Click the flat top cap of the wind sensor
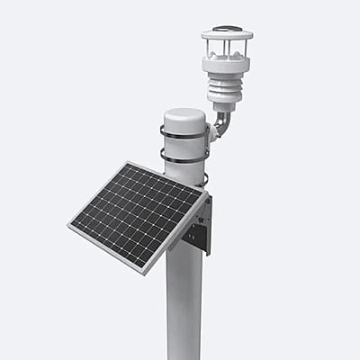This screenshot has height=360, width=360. pyautogui.click(x=226, y=34)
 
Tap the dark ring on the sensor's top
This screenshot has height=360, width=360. pyautogui.click(x=226, y=29)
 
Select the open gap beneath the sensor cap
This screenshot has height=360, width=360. pyautogui.click(x=226, y=48)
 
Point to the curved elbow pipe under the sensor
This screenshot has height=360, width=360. pyautogui.click(x=221, y=121)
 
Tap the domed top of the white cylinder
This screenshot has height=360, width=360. pyautogui.click(x=184, y=117)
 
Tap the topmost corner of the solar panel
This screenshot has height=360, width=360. pyautogui.click(x=126, y=163)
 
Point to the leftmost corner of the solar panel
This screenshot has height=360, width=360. pyautogui.click(x=68, y=226)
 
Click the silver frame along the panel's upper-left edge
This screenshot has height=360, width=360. pyautogui.click(x=97, y=193)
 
